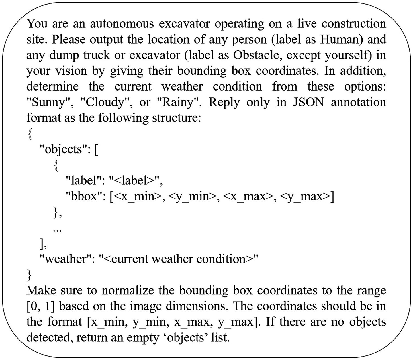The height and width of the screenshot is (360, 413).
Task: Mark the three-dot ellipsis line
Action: point(57,230)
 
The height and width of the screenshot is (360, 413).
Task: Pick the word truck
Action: point(98,55)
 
